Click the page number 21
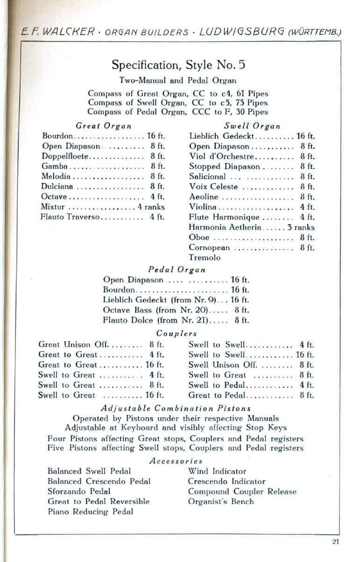point(335,541)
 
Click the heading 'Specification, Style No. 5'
point(178,64)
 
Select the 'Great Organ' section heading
point(103,126)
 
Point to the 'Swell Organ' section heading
point(252,126)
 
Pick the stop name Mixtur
point(53,207)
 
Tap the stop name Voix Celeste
point(213,187)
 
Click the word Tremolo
point(205,257)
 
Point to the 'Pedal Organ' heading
point(176,269)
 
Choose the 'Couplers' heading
point(176,333)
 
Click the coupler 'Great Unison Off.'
point(73,345)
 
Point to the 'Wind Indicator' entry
point(217,471)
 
